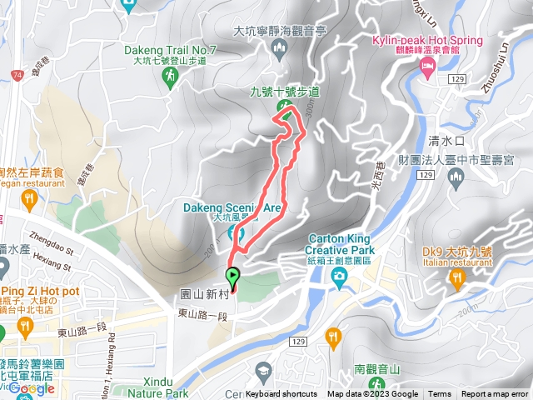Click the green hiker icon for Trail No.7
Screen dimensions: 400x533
(x=170, y=76)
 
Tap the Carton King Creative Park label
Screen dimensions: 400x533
(x=340, y=243)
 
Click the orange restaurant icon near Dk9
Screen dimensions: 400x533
(x=456, y=277)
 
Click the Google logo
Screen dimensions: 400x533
(x=32, y=388)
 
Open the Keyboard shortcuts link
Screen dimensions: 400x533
(x=281, y=394)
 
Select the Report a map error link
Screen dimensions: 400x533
(x=496, y=394)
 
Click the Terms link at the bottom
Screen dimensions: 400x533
(x=440, y=394)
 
